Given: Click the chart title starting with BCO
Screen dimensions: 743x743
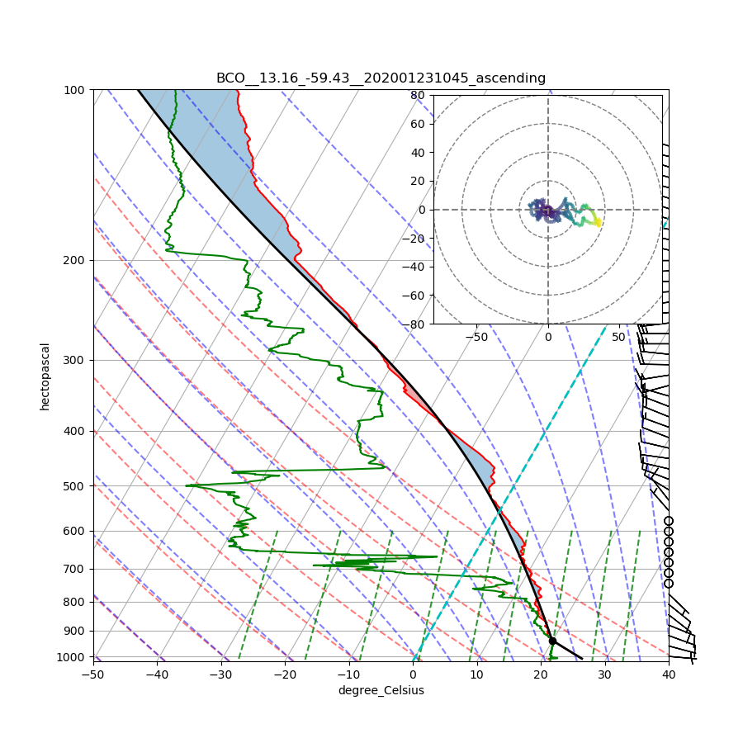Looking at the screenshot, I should (381, 78).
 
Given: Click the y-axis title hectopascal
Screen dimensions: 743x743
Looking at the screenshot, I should (45, 376).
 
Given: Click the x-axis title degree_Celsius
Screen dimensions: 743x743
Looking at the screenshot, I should (381, 690).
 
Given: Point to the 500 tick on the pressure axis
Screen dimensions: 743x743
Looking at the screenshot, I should (75, 485).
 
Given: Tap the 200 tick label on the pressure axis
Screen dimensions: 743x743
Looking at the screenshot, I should (75, 260).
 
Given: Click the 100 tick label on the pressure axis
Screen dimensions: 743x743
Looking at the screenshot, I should (75, 89).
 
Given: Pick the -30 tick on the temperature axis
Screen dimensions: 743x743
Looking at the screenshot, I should (221, 674).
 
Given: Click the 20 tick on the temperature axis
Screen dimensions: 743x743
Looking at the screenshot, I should (541, 674).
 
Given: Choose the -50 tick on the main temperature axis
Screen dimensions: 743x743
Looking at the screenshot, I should (93, 674).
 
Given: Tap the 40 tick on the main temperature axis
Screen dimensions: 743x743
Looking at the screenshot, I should (669, 674).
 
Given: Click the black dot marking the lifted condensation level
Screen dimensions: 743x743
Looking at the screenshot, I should (552, 641).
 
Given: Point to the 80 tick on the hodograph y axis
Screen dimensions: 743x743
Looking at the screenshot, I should (418, 95).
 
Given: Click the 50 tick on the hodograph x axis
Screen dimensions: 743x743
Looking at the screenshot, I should (619, 337).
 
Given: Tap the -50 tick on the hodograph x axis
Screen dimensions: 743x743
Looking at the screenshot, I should (476, 337).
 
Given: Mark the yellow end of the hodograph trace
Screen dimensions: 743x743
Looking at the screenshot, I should (598, 222).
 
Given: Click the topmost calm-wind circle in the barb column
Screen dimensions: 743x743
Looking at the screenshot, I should (669, 521).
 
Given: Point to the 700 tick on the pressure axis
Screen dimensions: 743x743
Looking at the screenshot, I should (75, 569).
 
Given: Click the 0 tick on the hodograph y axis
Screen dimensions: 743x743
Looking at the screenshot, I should (421, 210).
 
